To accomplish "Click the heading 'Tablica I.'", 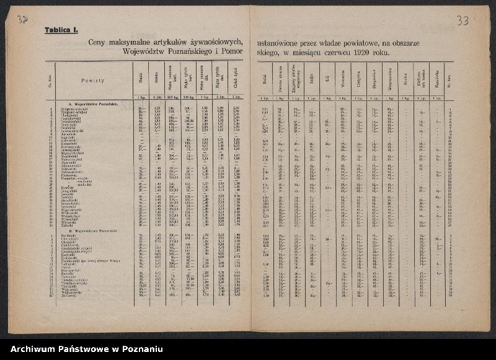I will coord(61,30).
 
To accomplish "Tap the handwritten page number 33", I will coord(463,21).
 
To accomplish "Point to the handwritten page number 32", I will coord(22,20).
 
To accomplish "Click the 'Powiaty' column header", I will coord(92,81).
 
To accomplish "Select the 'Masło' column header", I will coord(141,79).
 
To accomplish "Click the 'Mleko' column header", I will coord(156,79).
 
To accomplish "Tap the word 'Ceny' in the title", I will coord(97,42).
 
